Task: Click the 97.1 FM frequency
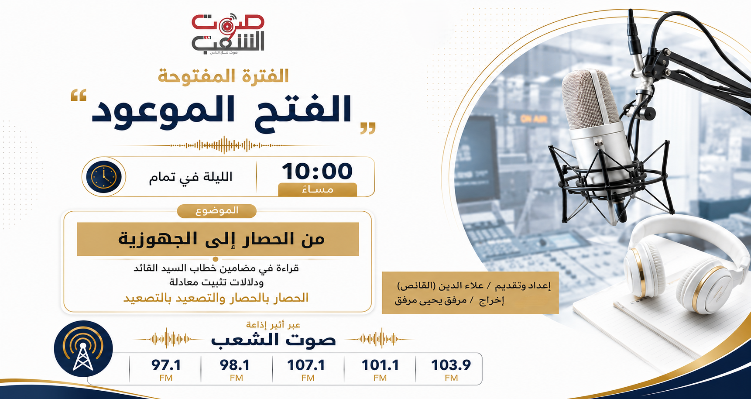pos(166,369)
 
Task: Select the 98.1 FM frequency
pos(236,369)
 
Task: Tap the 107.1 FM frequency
pos(307,369)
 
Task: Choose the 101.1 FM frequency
pos(380,369)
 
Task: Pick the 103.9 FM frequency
pos(451,369)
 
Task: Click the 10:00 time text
pos(317,171)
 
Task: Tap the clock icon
pos(104,177)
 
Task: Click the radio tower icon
pos(83,349)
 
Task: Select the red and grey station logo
pos(228,34)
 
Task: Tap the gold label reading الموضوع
pos(216,211)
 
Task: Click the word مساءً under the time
pos(317,189)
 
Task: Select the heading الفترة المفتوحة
pos(223,76)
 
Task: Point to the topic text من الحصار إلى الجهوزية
pos(222,239)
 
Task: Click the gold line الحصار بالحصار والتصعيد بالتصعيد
pos(216,298)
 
